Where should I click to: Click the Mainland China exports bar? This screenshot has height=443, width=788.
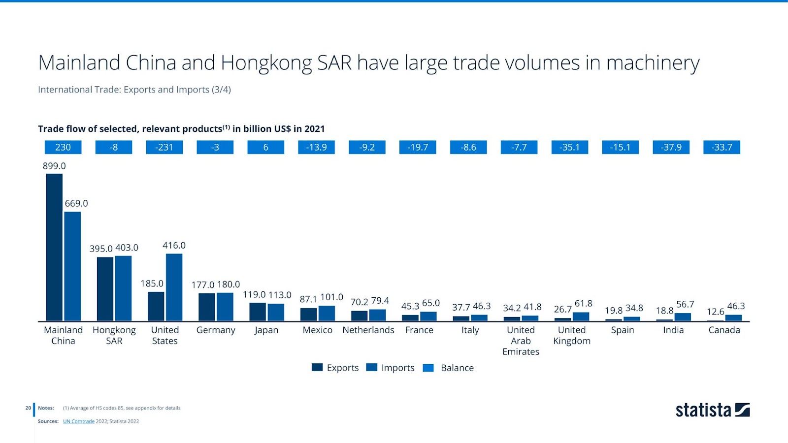tap(54, 247)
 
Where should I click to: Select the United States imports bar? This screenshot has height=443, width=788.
tap(174, 287)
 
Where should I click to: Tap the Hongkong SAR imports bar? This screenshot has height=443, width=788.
tap(123, 288)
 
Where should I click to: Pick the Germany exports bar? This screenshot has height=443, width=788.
tap(206, 307)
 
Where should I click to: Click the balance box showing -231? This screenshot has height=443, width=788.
tap(164, 147)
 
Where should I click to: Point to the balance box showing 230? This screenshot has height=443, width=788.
tap(63, 147)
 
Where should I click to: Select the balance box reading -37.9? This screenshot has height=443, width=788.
tap(671, 147)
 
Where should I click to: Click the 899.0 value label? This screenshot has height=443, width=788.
tap(54, 166)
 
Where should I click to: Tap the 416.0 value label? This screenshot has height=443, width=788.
tap(174, 245)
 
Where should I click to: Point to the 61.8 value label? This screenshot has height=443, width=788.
tap(583, 303)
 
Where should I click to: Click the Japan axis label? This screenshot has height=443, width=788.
tap(266, 330)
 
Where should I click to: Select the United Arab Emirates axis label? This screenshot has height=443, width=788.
tap(521, 341)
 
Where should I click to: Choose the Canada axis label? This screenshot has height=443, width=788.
tap(724, 330)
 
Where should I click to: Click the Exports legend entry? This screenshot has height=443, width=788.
tap(335, 368)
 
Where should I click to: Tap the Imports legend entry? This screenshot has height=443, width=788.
tap(391, 368)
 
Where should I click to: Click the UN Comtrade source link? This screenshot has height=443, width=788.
tap(79, 421)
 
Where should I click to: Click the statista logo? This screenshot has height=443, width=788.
tap(712, 410)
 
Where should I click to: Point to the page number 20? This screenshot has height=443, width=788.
tap(28, 408)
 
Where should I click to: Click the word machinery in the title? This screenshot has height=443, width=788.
tap(653, 63)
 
